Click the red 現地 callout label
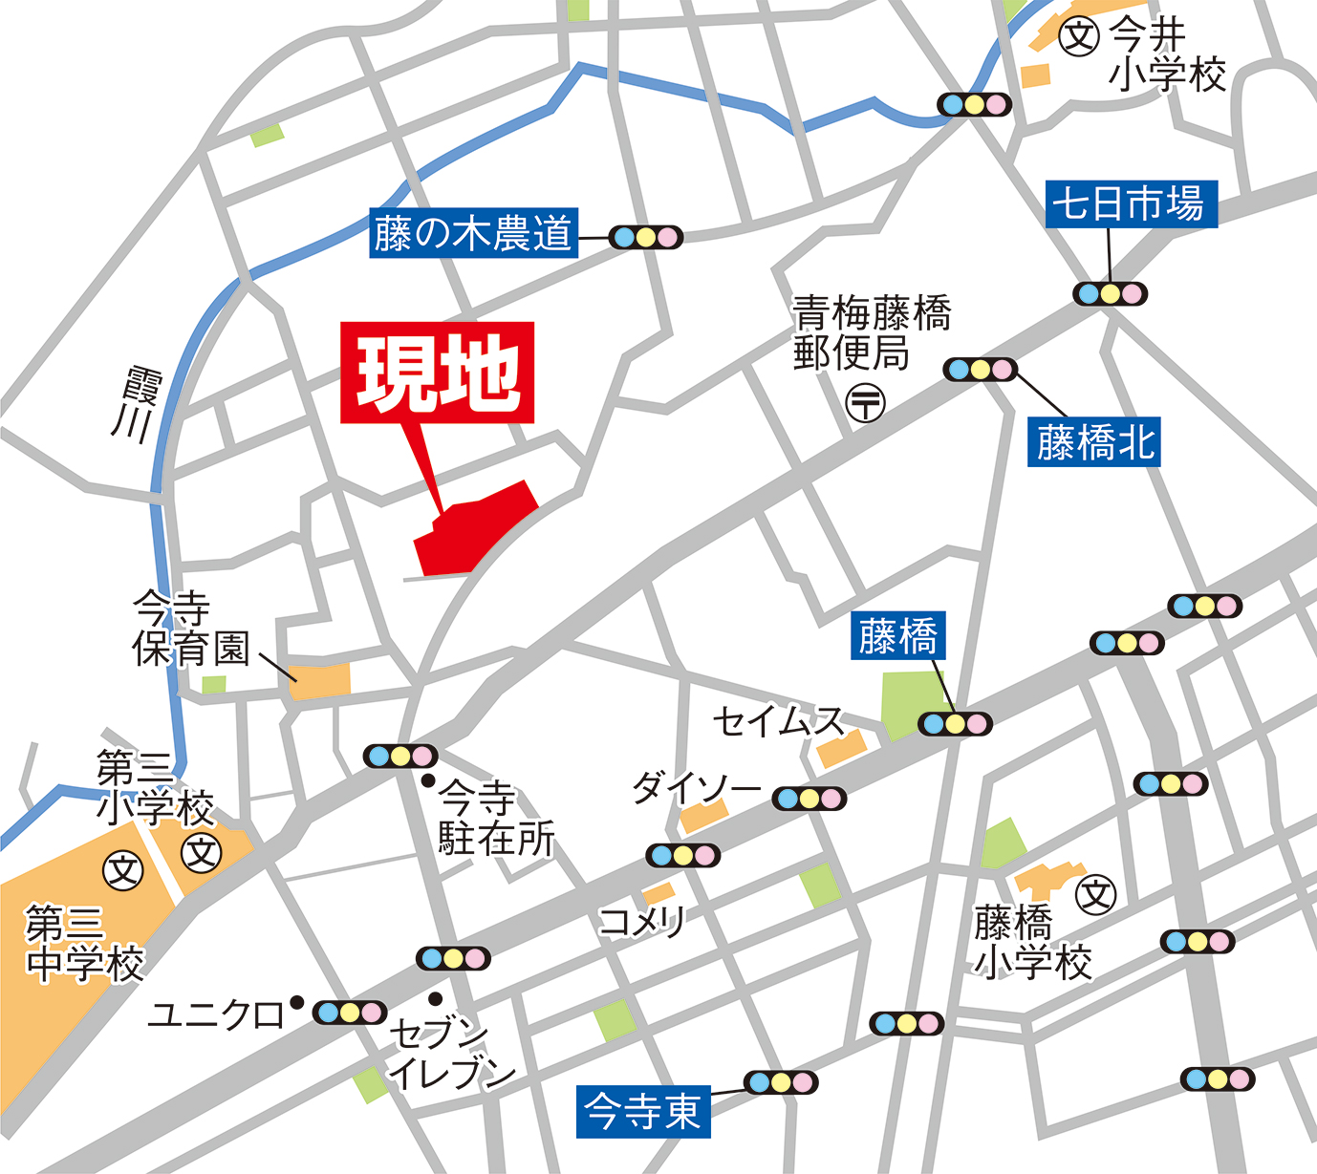coord(438,373)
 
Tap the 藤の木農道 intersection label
coord(473,234)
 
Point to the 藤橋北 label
coord(1095,442)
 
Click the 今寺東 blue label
coord(643,1112)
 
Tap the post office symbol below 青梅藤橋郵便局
coord(866,402)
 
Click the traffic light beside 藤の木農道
coord(645,237)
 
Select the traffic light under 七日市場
coord(1110,293)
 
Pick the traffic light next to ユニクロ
coord(350,1013)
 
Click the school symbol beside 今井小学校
coord(1079,37)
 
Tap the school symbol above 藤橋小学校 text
coord(1096,895)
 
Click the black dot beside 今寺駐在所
coord(429,780)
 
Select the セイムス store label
coord(778,721)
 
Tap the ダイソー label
coord(696,789)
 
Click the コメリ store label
coord(642,922)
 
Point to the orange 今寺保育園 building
coord(320,679)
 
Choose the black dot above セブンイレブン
coord(436,998)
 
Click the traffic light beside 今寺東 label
coord(781,1082)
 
